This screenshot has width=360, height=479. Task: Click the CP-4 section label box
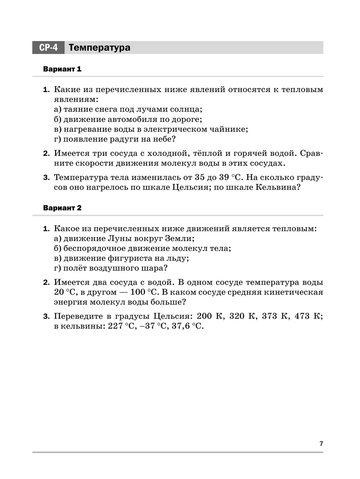pyautogui.click(x=48, y=48)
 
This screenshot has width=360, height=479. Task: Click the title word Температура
pyautogui.click(x=99, y=48)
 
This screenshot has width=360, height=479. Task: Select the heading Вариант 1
pyautogui.click(x=62, y=69)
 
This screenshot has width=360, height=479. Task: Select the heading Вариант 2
pyautogui.click(x=62, y=208)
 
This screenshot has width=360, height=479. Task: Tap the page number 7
pyautogui.click(x=321, y=444)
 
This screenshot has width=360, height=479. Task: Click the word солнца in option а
pyautogui.click(x=185, y=110)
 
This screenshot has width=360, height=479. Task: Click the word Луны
pyautogui.click(x=120, y=239)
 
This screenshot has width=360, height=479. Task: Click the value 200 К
pyautogui.click(x=209, y=316)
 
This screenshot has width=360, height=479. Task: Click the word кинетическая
pyautogui.click(x=293, y=292)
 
